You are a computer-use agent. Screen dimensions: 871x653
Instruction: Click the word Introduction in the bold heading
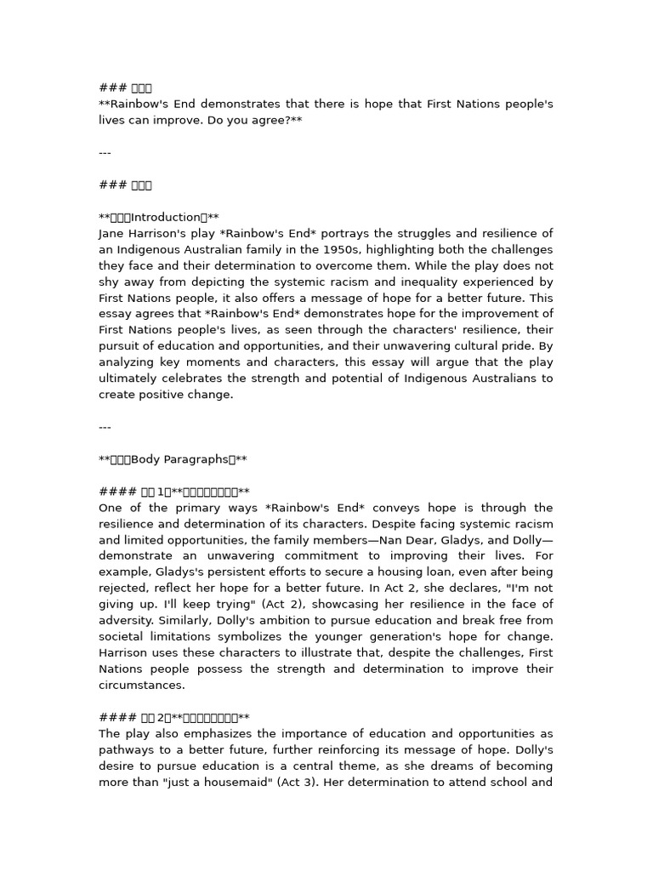(x=169, y=218)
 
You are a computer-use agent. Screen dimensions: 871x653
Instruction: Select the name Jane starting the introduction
(x=113, y=234)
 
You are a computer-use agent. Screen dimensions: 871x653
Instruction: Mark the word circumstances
(x=141, y=686)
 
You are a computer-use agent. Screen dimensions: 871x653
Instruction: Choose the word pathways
(x=127, y=750)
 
